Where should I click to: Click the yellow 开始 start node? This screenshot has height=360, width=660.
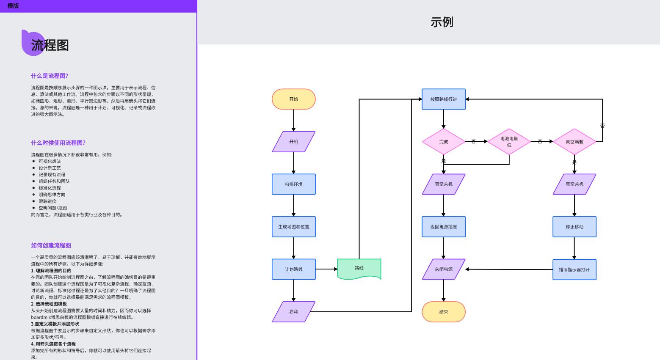click(293, 99)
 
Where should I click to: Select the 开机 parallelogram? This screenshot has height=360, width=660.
click(293, 142)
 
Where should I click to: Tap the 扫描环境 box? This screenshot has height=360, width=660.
click(293, 184)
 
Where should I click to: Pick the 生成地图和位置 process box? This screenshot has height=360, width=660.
click(293, 227)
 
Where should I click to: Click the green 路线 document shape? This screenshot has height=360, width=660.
click(359, 269)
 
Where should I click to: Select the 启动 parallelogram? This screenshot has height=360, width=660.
click(293, 312)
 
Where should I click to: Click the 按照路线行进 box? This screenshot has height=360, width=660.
click(443, 99)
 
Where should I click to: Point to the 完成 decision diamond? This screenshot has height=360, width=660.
click(443, 142)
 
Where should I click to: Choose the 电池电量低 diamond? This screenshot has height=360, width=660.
click(509, 142)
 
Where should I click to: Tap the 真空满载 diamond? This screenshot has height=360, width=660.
click(574, 142)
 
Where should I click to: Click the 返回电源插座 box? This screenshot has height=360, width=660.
click(443, 227)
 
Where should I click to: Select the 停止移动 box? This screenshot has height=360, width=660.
click(574, 227)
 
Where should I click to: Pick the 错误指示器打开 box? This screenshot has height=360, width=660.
click(574, 269)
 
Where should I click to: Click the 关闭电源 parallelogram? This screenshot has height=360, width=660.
click(443, 269)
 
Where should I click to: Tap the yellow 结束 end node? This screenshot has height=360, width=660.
click(443, 312)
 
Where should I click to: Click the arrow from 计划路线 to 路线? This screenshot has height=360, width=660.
click(326, 269)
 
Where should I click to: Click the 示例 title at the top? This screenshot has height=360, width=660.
click(442, 22)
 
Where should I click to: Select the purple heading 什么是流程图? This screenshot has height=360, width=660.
click(50, 76)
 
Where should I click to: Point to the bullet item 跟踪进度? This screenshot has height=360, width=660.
click(47, 201)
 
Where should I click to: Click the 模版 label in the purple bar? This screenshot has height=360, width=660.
click(13, 6)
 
